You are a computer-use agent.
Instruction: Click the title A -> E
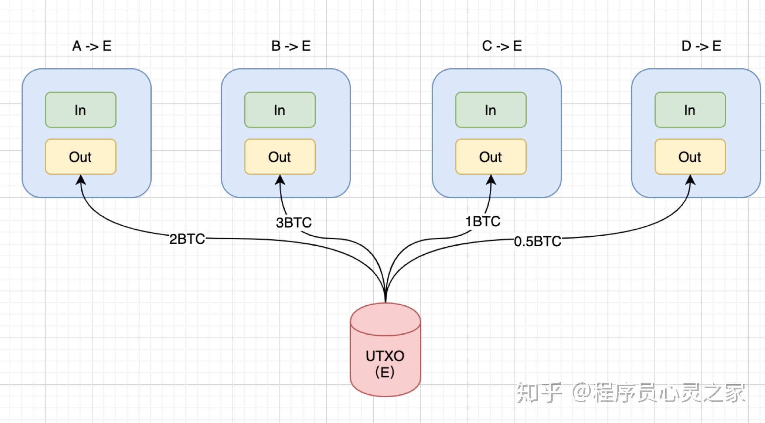92,46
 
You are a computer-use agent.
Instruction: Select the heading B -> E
291,46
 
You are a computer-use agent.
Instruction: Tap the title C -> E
502,46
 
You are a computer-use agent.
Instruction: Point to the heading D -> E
701,46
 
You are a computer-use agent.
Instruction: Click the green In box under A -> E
81,110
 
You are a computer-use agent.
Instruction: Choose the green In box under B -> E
280,110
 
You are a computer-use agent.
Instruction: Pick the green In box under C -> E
491,110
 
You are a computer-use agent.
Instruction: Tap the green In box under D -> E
690,110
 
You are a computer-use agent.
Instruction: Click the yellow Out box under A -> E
81,157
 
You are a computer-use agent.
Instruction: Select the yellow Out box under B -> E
280,157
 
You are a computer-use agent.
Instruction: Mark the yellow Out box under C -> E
491,157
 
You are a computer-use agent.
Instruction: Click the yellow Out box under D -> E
690,157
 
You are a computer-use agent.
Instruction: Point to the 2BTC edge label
187,239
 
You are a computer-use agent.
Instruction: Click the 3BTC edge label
294,222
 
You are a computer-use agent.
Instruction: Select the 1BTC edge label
483,221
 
